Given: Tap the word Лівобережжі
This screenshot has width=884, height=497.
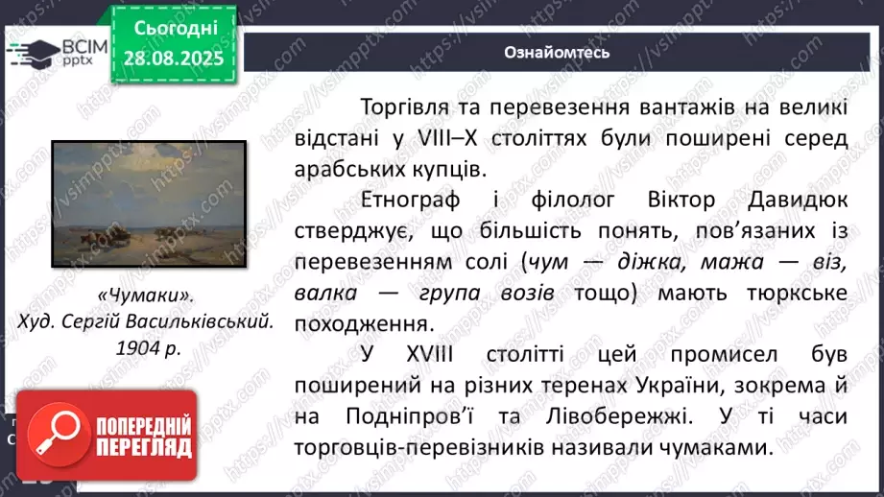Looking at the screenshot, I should click(x=606, y=417).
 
